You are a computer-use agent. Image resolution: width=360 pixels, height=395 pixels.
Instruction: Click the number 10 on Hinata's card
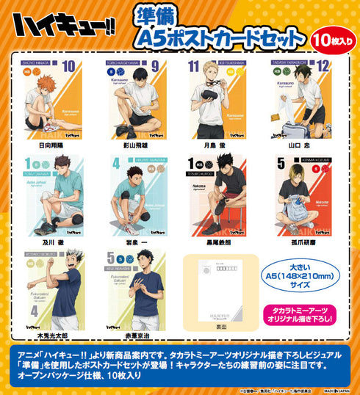tap(68, 68)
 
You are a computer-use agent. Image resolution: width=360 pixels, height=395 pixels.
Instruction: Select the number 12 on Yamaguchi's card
tap(324, 68)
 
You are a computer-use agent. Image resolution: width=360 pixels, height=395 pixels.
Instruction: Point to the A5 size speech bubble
tap(302, 276)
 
